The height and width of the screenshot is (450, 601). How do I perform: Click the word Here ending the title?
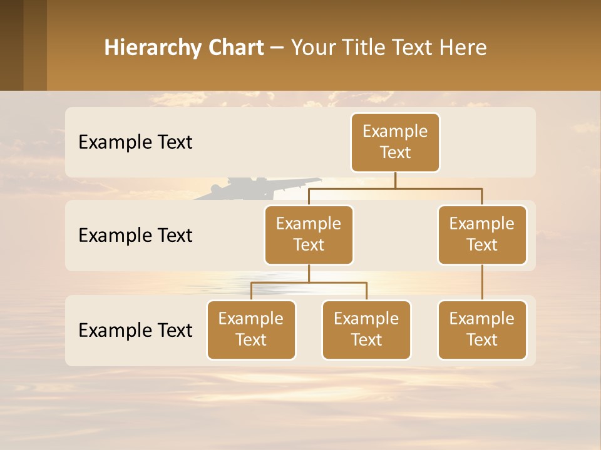(463, 48)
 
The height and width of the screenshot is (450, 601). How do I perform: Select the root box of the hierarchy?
(395, 142)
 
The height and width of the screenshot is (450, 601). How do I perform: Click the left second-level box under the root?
(309, 234)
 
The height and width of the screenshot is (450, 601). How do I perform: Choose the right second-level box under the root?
(482, 234)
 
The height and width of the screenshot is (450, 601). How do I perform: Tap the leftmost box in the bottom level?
(251, 329)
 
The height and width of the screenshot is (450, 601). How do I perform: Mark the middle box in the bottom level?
(366, 329)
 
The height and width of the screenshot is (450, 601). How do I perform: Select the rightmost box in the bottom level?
(482, 329)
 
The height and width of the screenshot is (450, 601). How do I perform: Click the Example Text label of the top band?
(135, 142)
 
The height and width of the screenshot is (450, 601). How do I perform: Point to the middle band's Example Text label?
(135, 236)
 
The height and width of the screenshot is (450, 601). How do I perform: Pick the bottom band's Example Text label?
(135, 331)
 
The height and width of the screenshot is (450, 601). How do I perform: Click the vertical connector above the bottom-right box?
(482, 282)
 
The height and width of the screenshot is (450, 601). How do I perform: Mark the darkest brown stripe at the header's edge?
(11, 45)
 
